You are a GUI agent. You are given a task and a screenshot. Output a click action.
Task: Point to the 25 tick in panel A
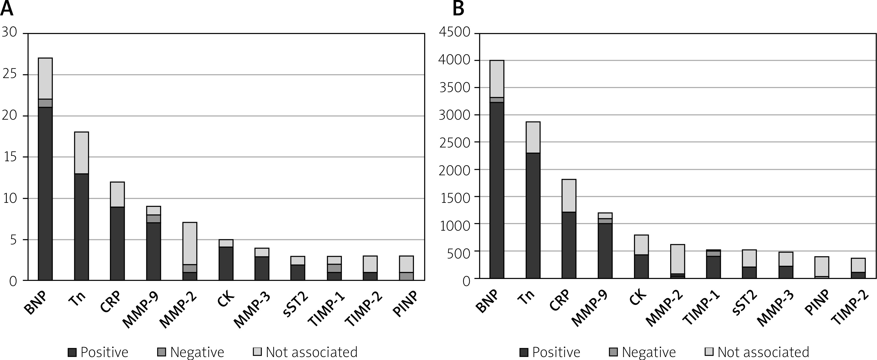[9, 74]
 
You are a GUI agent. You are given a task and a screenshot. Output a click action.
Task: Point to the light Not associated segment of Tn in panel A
[81, 153]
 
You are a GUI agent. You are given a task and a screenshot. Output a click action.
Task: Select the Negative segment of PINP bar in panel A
[406, 276]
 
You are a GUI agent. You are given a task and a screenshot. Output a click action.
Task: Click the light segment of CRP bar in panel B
[569, 196]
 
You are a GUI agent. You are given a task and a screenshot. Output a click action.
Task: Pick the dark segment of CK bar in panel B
[641, 266]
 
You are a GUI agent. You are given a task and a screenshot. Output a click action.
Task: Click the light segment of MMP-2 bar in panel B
[677, 259]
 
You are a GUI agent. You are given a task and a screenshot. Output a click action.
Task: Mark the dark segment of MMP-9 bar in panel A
[154, 252]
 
